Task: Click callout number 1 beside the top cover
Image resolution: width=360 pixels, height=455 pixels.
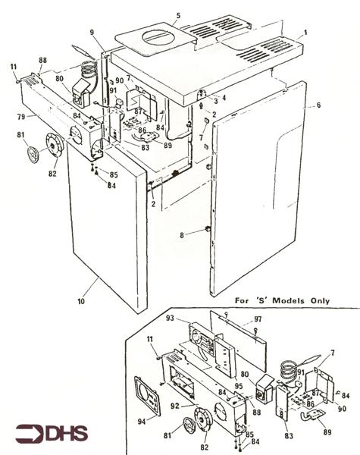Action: (305, 33)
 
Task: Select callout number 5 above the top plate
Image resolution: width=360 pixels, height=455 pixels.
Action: (178, 15)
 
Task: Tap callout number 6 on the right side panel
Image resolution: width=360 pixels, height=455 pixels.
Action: (318, 105)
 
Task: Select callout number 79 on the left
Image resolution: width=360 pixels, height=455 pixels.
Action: (22, 116)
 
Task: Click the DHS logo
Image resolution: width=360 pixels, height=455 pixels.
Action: (52, 434)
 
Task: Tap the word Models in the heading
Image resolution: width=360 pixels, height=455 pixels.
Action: (280, 300)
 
